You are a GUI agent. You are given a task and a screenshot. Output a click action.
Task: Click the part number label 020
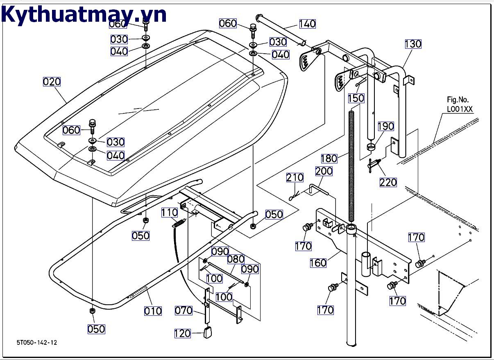click(x=52, y=82)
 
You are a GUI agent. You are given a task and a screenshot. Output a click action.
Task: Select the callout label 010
click(x=153, y=311)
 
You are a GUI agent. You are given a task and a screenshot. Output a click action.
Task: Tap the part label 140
click(x=307, y=24)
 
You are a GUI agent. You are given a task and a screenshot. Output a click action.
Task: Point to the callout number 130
click(x=413, y=44)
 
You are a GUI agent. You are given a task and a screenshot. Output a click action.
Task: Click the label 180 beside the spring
click(x=329, y=158)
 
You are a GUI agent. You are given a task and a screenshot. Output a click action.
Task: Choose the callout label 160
click(x=318, y=263)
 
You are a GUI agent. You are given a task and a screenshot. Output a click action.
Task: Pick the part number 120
click(x=182, y=333)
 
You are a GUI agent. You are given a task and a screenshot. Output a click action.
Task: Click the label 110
click(x=170, y=213)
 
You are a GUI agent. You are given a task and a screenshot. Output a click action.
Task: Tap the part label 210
click(x=295, y=177)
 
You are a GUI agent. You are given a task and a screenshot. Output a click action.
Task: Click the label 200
click(x=324, y=171)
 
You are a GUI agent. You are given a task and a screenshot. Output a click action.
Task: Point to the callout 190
click(x=386, y=126)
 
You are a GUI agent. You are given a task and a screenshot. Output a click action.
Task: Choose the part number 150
click(x=356, y=98)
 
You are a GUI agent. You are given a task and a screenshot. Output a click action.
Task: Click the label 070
click(x=184, y=311)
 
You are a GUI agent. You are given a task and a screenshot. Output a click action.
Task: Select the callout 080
click(x=236, y=259)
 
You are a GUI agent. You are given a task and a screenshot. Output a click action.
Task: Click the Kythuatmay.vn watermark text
click(x=84, y=15)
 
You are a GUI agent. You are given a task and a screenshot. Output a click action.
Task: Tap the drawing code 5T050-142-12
click(x=37, y=342)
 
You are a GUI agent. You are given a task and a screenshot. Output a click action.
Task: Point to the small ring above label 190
click(x=371, y=147)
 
